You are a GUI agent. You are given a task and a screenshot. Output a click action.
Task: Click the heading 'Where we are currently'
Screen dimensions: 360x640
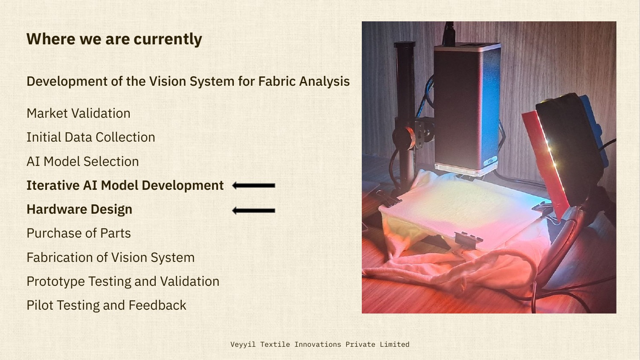point(114,39)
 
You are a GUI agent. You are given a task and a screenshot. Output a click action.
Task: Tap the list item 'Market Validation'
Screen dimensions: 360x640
point(79,113)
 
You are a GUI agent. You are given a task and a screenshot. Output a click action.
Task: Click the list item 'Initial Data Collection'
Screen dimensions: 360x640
point(90,137)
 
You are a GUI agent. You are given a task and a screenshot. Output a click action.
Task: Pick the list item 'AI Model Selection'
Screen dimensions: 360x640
point(82,162)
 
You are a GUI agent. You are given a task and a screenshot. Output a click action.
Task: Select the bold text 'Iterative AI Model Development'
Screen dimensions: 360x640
point(125,186)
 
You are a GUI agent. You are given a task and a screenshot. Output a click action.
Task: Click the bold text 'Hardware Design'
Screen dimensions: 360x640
point(79,209)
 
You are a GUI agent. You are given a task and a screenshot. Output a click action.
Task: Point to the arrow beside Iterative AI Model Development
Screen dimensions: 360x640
point(253,186)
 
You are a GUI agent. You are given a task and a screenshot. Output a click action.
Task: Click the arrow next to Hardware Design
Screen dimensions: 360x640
point(253,210)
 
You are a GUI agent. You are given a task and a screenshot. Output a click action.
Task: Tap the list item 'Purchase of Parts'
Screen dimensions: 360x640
point(79,233)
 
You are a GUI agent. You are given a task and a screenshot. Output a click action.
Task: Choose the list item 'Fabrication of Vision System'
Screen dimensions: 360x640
point(111,258)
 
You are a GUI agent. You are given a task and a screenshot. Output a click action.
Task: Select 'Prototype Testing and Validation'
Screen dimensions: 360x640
point(123,282)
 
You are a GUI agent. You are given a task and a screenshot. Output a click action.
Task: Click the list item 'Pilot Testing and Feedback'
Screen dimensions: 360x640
point(106,305)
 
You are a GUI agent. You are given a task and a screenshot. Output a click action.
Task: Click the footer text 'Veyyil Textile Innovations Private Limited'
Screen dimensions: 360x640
point(320,345)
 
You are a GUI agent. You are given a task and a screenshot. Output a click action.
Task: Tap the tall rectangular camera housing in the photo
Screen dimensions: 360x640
point(467,107)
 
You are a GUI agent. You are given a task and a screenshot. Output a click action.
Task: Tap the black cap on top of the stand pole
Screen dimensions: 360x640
point(404,44)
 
